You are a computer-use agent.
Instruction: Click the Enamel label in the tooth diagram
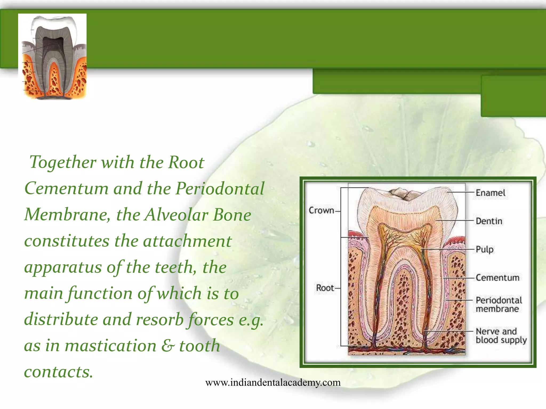tap(490, 193)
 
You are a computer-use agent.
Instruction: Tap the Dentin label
tap(489, 221)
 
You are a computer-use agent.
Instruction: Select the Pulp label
tap(484, 250)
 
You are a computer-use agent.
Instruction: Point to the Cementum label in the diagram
tap(497, 278)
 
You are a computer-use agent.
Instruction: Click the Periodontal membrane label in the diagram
tap(499, 304)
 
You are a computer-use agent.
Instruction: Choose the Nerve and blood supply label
tap(501, 336)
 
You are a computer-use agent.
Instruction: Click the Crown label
tap(321, 210)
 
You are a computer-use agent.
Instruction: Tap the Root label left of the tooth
tap(325, 288)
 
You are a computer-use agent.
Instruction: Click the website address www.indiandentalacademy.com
tap(273, 383)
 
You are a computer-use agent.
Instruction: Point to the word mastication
tap(110, 346)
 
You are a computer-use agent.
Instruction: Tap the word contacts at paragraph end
tap(58, 372)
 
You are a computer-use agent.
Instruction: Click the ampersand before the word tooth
tap(168, 346)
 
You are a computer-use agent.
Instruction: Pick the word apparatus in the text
tap(63, 267)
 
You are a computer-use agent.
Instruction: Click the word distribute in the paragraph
tap(61, 320)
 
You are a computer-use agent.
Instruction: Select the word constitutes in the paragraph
tap(67, 241)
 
